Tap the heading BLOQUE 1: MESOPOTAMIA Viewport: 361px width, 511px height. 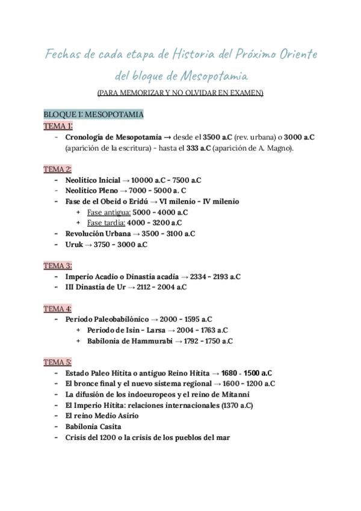click(93, 114)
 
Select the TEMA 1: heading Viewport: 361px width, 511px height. click(58, 126)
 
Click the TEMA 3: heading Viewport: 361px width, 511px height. click(58, 266)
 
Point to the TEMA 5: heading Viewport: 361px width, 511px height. click(58, 362)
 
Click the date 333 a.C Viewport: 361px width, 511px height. click(198, 148)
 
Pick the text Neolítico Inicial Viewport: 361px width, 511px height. click(93, 180)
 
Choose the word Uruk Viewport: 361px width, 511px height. click(75, 245)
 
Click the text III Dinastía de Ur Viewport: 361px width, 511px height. click(95, 287)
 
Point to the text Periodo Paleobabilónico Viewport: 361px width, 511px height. click(108, 319)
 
